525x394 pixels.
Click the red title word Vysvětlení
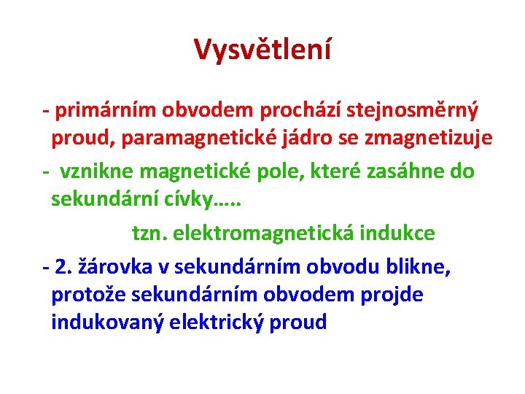(262, 49)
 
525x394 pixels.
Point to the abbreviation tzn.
(148, 233)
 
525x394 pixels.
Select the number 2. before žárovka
(63, 268)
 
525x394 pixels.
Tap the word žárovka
(113, 268)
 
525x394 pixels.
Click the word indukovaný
(107, 322)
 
